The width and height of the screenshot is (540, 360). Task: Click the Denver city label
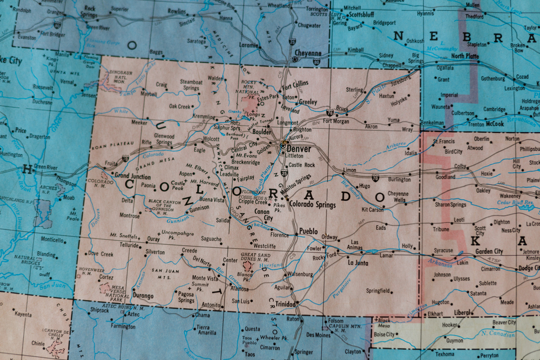(299, 148)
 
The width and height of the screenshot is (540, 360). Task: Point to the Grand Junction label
(132, 176)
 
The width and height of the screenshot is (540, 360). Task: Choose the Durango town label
(143, 296)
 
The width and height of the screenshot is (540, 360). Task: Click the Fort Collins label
(294, 84)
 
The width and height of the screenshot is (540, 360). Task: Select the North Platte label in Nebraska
(465, 56)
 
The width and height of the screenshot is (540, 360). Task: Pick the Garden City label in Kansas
(489, 251)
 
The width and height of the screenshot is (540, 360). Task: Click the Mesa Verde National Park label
(118, 292)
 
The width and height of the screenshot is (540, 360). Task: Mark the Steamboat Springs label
(191, 85)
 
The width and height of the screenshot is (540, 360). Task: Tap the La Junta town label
(357, 262)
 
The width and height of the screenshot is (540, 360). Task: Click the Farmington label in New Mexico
(123, 327)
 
